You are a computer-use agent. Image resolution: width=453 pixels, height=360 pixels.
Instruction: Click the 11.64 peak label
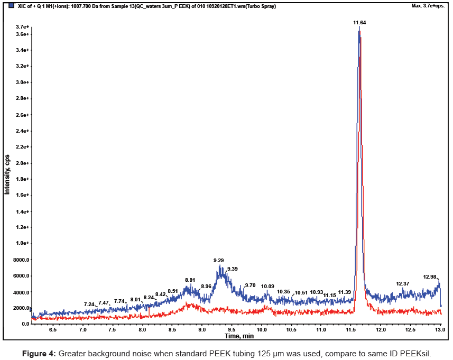359,23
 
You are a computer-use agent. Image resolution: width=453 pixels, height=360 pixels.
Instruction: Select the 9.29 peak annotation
218,260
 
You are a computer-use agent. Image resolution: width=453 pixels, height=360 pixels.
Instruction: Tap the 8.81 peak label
190,280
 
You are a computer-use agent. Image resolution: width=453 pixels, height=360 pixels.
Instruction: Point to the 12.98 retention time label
430,276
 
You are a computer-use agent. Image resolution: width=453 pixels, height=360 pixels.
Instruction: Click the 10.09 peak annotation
267,286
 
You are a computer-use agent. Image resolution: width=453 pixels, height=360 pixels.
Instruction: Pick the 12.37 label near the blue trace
403,283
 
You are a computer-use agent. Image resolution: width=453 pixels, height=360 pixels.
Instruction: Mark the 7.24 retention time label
89,304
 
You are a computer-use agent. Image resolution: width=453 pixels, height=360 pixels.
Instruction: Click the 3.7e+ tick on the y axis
22,26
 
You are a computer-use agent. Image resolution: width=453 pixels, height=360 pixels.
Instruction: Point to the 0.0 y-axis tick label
25,324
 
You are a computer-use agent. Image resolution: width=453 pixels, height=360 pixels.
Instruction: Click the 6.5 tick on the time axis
53,329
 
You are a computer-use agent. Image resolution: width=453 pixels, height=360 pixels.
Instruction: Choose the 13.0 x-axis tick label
440,329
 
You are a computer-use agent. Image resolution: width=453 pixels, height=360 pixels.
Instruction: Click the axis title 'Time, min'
239,336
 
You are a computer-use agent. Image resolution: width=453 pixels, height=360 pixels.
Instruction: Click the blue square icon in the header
12,5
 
